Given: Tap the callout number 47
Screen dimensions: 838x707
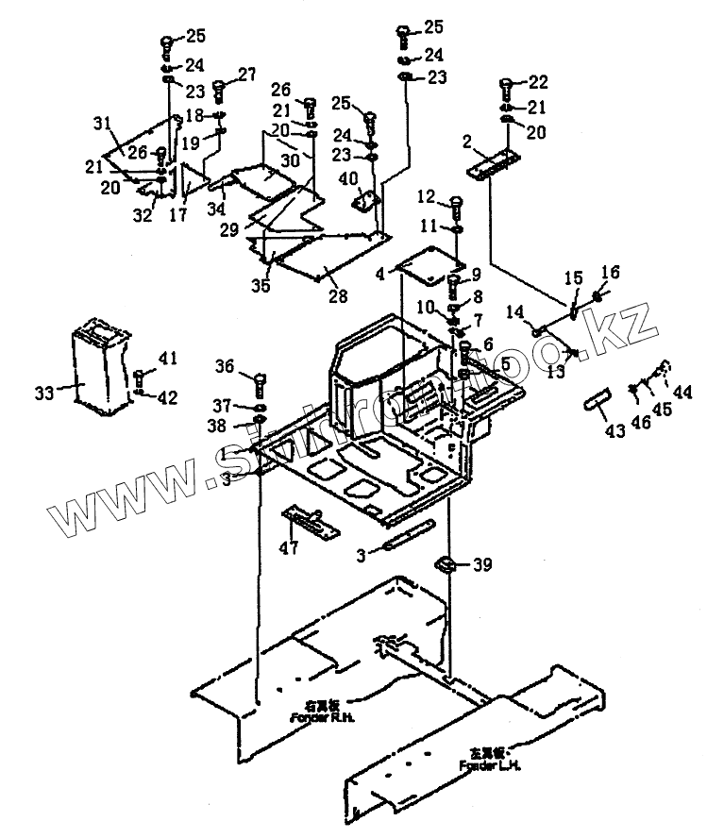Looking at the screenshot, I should [289, 546].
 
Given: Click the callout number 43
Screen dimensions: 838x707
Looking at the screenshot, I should [614, 431].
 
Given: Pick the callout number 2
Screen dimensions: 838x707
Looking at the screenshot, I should [466, 142].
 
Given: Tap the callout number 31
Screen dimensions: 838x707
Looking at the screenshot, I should [102, 123].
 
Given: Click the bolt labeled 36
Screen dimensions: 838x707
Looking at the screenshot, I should [259, 382].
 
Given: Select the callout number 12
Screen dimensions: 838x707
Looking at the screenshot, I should [427, 196].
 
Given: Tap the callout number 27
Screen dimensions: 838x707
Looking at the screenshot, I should [246, 74].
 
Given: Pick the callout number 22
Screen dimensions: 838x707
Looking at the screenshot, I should [537, 81].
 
